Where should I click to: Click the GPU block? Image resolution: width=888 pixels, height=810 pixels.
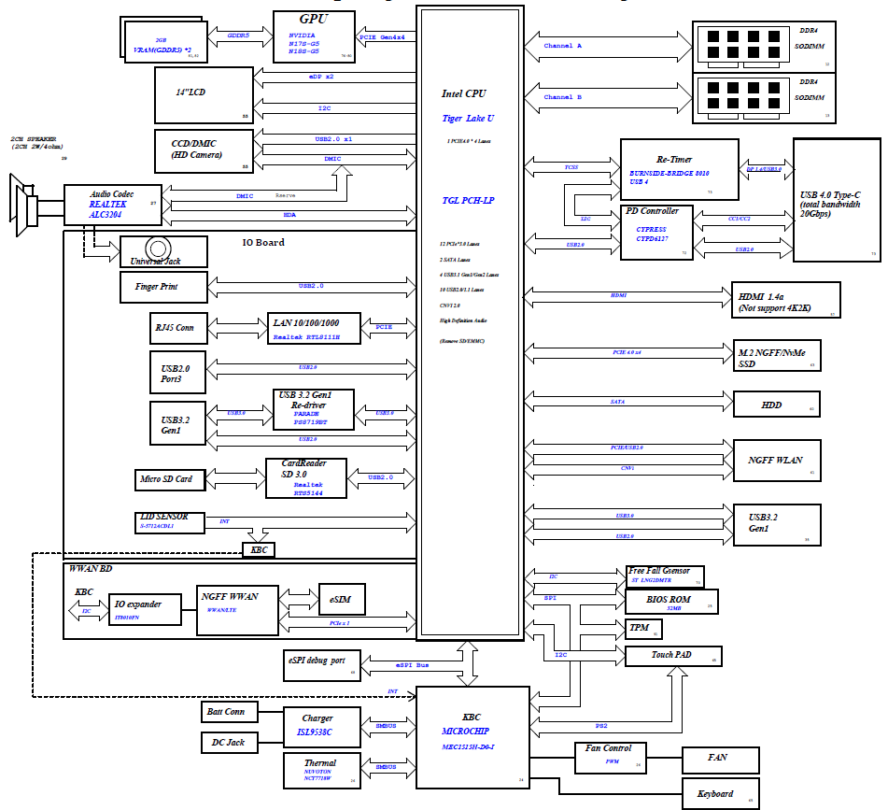pyautogui.click(x=314, y=36)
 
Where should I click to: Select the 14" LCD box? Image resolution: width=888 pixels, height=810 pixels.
pyautogui.click(x=204, y=94)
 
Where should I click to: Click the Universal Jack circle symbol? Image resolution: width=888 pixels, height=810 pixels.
pyautogui.click(x=159, y=249)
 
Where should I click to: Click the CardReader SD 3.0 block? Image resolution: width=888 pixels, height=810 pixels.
pyautogui.click(x=306, y=477)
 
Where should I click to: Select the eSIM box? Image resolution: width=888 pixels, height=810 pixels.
pyautogui.click(x=340, y=598)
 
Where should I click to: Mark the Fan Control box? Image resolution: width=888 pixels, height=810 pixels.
pyautogui.click(x=610, y=756)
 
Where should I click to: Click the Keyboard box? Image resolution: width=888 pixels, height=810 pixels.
pyautogui.click(x=721, y=794)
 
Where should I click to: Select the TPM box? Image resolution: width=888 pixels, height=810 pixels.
pyautogui.click(x=641, y=628)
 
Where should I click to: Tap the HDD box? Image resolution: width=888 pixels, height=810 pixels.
pyautogui.click(x=776, y=405)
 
